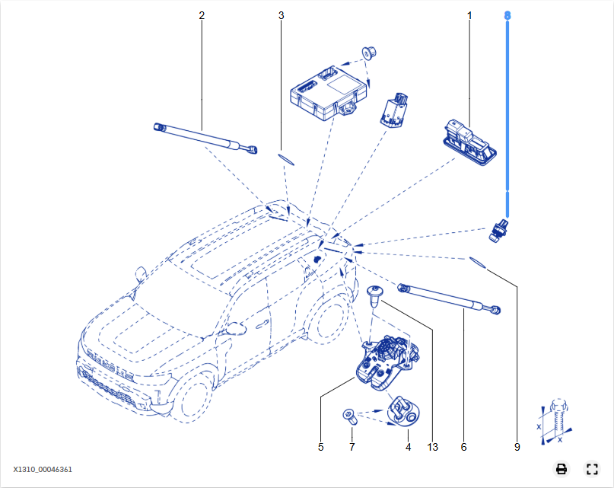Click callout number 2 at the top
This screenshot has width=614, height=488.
(202, 15)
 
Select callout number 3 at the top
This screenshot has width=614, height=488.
(281, 15)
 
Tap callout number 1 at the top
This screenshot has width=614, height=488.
(469, 15)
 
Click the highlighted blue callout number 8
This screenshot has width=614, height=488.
(508, 15)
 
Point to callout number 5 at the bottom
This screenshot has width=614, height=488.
(321, 447)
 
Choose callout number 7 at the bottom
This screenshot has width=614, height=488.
(352, 447)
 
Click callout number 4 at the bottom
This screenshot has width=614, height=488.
(408, 447)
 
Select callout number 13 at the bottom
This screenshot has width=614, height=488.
(433, 447)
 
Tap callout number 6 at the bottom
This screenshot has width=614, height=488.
(463, 447)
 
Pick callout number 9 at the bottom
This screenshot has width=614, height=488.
(517, 447)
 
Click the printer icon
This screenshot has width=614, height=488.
(561, 469)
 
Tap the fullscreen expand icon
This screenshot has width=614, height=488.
(591, 469)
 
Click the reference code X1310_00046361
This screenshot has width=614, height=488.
(43, 470)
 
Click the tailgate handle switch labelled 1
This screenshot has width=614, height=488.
(470, 140)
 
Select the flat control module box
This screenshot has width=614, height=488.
(323, 91)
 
